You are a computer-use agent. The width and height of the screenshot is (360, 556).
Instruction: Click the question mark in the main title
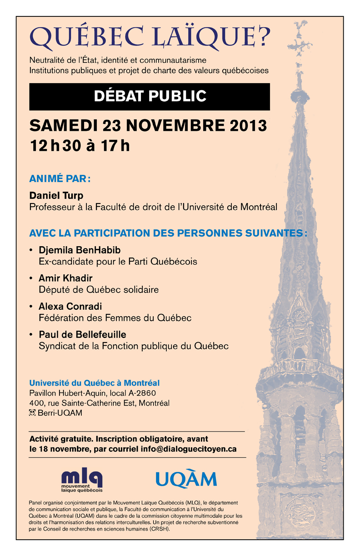click(263, 36)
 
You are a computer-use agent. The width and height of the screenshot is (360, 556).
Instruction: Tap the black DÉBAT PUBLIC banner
click(150, 96)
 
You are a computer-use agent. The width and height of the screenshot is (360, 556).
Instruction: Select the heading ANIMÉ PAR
click(60, 179)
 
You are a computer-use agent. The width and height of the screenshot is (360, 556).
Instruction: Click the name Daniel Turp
click(56, 196)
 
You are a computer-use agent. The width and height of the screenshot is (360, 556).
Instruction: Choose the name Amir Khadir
click(62, 278)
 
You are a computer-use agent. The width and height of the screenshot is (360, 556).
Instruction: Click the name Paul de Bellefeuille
click(82, 335)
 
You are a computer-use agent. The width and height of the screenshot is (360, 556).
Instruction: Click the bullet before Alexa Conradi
click(31, 307)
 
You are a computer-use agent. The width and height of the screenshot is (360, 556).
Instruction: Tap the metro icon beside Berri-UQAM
click(32, 413)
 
